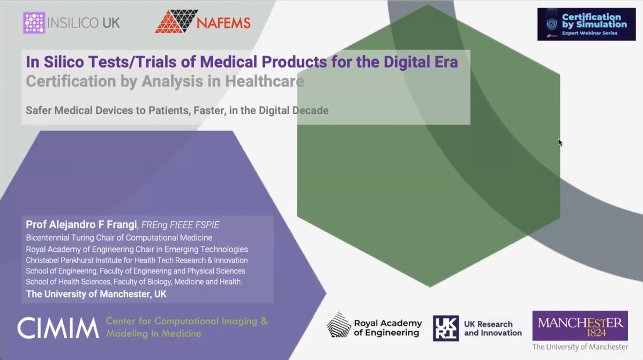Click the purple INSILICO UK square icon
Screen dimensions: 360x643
tap(34, 23)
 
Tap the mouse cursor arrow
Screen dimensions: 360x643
tap(560, 142)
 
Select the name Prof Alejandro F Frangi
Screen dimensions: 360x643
tap(81, 225)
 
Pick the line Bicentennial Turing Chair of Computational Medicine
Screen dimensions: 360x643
tap(119, 237)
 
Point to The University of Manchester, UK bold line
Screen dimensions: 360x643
tap(96, 294)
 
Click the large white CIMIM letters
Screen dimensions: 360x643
tap(58, 328)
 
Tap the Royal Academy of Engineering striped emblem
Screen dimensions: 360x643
tap(339, 325)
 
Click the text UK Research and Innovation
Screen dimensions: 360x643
tap(492, 328)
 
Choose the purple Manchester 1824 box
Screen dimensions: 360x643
tap(580, 326)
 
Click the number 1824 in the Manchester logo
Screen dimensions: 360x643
tap(580, 333)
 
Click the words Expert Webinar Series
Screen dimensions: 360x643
tap(589, 33)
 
